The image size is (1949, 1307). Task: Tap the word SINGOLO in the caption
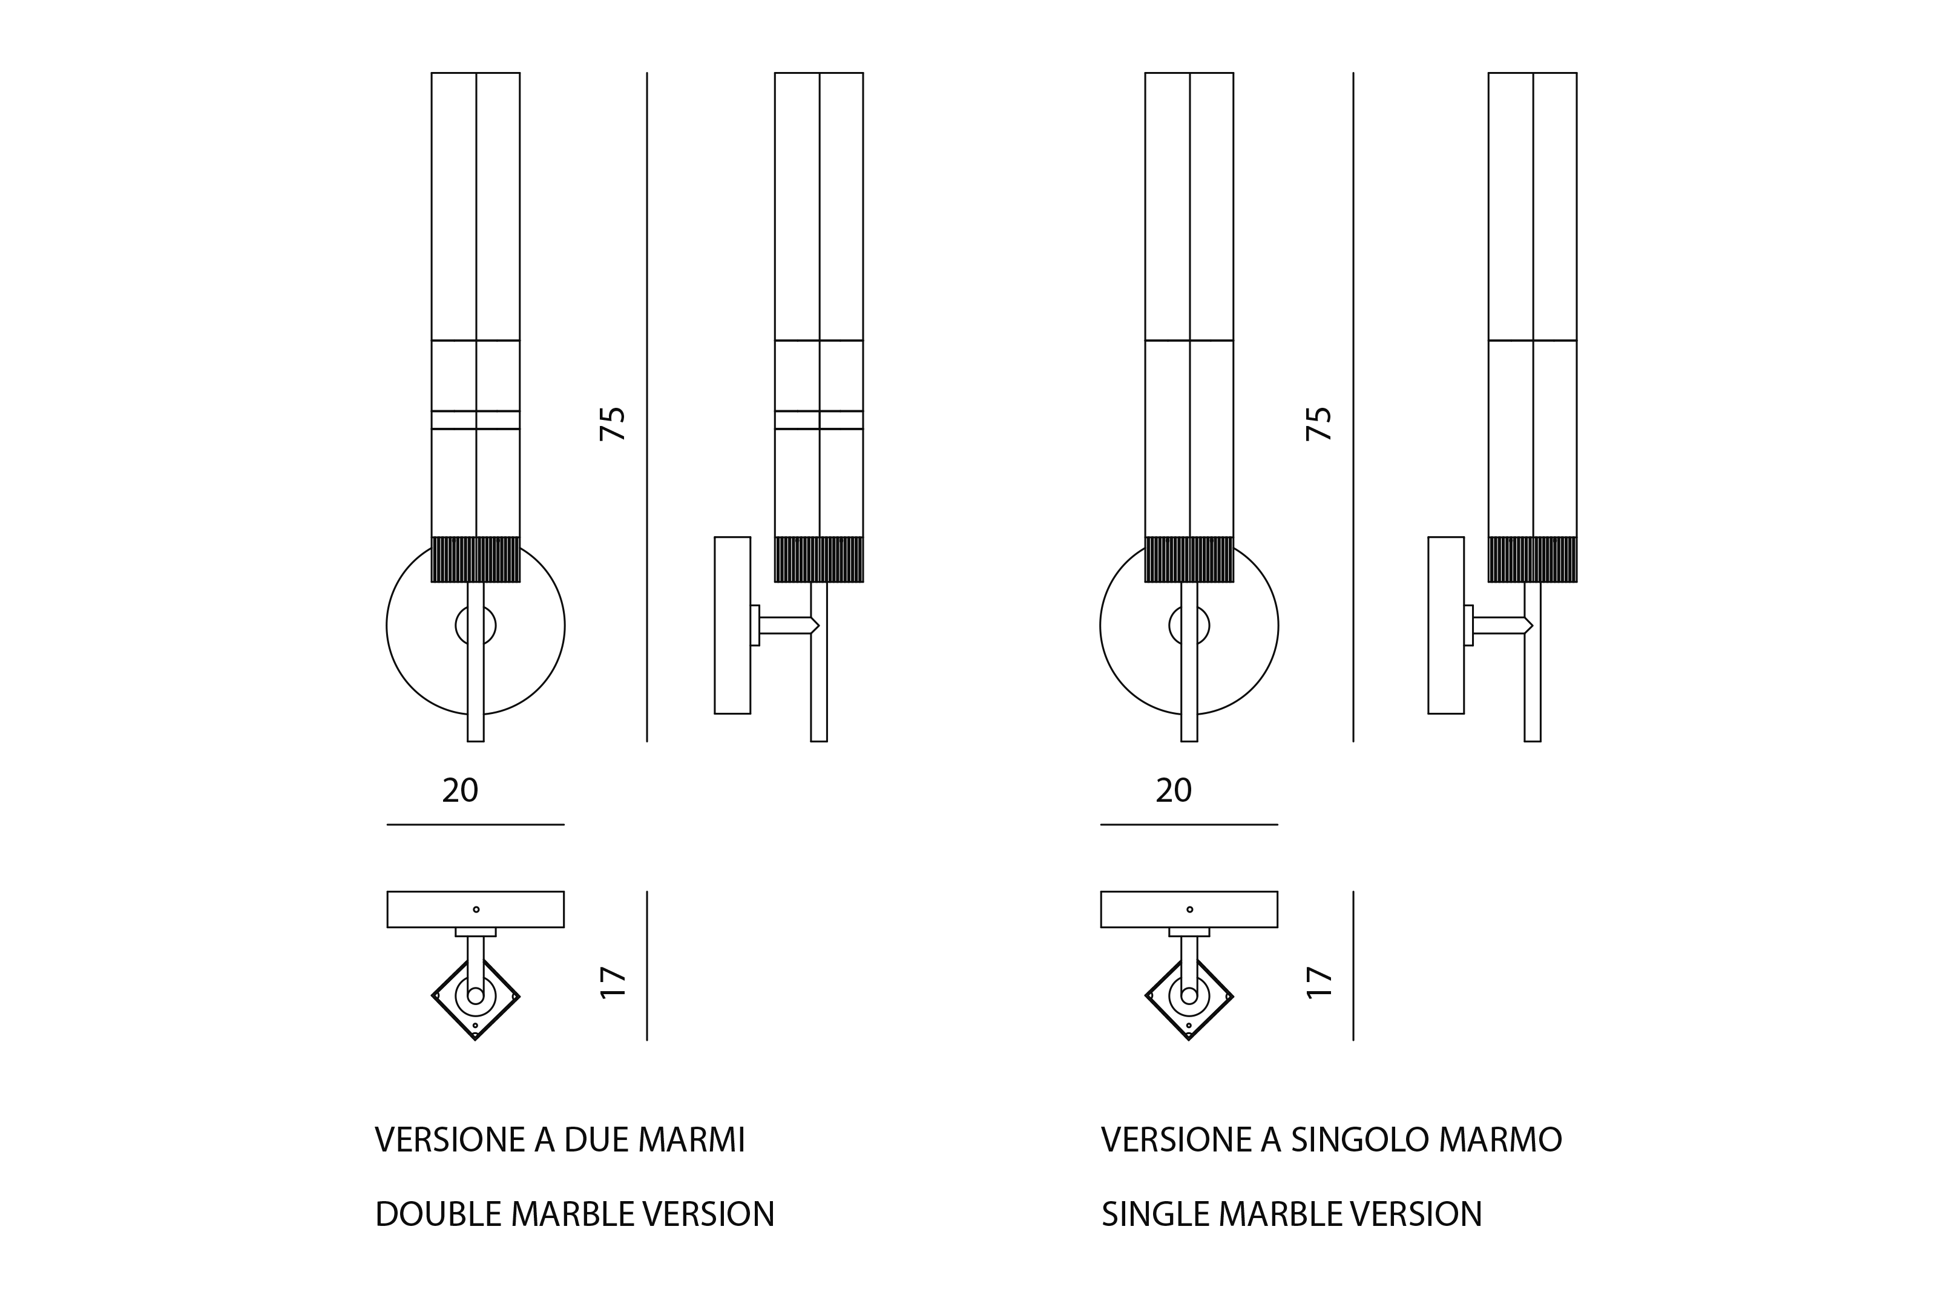pos(1342,1139)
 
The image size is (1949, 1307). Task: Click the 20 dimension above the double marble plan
pos(460,790)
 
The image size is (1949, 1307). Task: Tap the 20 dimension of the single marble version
pos(1174,790)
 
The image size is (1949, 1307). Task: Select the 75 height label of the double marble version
pos(613,424)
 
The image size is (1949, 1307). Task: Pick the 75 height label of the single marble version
pos(1319,424)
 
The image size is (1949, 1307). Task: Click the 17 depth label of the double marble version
pos(613,982)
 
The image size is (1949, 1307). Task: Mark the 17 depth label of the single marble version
pos(1319,982)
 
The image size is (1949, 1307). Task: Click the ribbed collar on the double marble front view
pos(476,559)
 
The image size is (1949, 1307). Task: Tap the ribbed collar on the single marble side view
pos(1532,559)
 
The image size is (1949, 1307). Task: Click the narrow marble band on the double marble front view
pos(476,420)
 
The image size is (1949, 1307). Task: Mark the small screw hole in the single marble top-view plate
pos(1189,909)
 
